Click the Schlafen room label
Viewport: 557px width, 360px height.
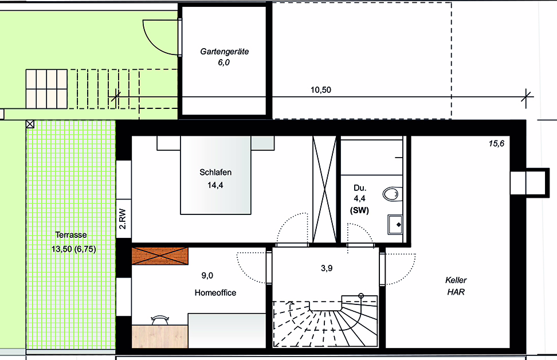215,173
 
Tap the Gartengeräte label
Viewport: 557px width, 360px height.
224,52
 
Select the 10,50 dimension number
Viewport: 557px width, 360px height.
321,90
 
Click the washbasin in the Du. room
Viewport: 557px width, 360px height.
395,225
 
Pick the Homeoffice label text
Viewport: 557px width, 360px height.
215,293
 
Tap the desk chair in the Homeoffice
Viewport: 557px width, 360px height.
160,319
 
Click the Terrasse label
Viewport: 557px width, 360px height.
71,235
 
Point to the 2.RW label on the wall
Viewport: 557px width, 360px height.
123,218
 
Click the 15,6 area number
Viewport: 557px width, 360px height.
496,143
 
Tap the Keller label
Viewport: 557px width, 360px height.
456,280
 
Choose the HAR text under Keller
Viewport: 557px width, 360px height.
456,292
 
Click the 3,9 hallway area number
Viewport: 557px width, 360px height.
327,268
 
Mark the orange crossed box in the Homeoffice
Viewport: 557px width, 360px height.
160,256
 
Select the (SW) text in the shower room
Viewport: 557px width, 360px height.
359,210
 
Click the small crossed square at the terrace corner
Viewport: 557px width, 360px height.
30,124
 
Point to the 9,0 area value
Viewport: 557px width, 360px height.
207,275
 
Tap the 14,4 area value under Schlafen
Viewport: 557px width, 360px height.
215,185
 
